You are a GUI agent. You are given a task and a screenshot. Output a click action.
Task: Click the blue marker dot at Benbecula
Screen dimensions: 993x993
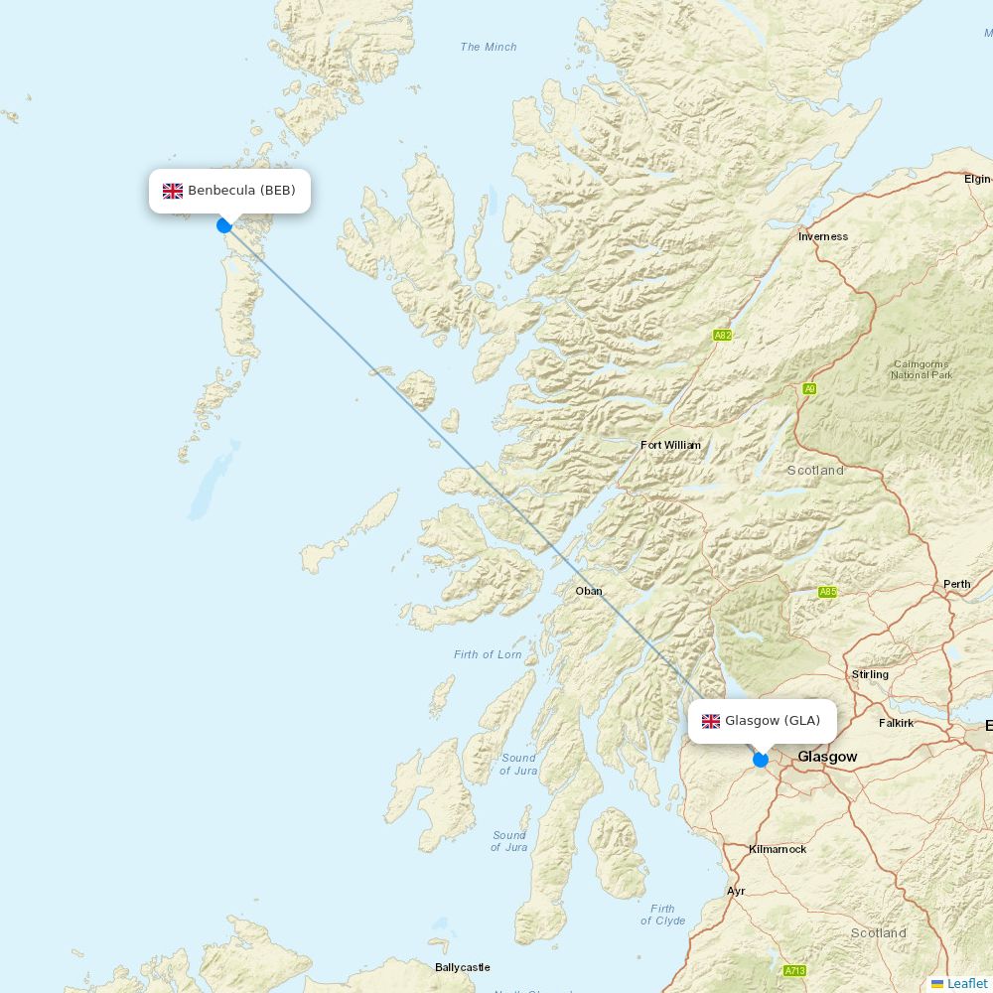[x=224, y=225]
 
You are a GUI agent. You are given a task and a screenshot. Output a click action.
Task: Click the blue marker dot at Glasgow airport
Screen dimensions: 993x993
[x=761, y=760]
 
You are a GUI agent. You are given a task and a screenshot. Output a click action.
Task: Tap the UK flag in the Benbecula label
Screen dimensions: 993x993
[x=173, y=191]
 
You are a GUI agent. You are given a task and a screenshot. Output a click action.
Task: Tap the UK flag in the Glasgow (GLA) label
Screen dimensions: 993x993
[x=711, y=721]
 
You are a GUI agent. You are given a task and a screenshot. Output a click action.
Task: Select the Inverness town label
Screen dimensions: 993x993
[x=823, y=236]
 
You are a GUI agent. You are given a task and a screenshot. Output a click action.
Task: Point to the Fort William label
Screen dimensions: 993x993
[x=670, y=445]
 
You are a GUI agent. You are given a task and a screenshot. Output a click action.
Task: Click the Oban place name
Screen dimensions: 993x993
[x=589, y=591]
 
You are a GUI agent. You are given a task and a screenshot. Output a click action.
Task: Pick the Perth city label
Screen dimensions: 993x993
[x=956, y=584]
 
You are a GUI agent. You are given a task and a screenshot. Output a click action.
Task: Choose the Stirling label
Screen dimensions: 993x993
[x=870, y=674]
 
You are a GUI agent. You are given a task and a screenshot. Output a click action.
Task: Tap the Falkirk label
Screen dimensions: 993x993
[x=896, y=723]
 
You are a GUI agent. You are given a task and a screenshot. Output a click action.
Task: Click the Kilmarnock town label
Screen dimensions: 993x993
[x=778, y=849]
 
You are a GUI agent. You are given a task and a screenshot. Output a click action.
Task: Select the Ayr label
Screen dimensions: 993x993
[x=736, y=891]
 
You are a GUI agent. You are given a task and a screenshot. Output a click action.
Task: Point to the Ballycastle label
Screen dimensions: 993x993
[x=463, y=967]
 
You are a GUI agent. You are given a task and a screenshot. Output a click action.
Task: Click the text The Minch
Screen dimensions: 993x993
[x=489, y=47]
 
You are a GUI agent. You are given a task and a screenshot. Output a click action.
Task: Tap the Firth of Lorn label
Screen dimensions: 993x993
[x=488, y=654]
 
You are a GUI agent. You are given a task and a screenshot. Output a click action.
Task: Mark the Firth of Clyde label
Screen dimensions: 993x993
[x=662, y=915]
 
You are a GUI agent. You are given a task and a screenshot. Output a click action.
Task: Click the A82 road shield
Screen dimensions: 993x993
[x=722, y=336]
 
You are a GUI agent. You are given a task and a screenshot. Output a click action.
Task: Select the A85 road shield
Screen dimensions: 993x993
[x=827, y=592]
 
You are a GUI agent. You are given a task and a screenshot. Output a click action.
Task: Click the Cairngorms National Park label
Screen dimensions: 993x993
[x=922, y=369]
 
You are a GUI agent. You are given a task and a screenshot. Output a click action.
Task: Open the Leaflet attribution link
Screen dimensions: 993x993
[x=966, y=983]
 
